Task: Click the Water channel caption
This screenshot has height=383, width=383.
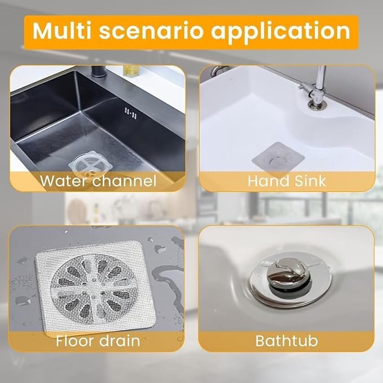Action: coord(98,182)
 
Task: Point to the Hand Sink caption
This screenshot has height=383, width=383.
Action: coord(287,182)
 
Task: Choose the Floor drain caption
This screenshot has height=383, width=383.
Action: coord(98,341)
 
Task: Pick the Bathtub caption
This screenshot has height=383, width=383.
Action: coord(287,341)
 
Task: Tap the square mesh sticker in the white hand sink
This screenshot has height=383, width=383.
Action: coord(278,158)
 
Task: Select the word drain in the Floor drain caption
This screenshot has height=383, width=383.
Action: coord(120,341)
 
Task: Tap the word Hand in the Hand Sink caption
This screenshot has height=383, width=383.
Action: coord(267,182)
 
